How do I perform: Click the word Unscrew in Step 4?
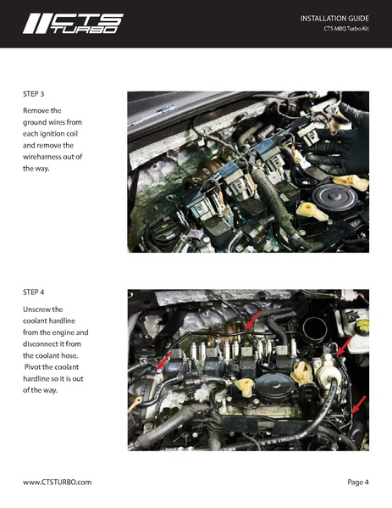[41, 310]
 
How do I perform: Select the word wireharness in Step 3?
[50, 157]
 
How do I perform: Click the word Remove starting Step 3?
[39, 110]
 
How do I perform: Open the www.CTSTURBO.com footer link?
[57, 482]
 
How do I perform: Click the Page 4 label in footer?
[357, 482]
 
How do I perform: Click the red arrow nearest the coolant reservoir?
[340, 348]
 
